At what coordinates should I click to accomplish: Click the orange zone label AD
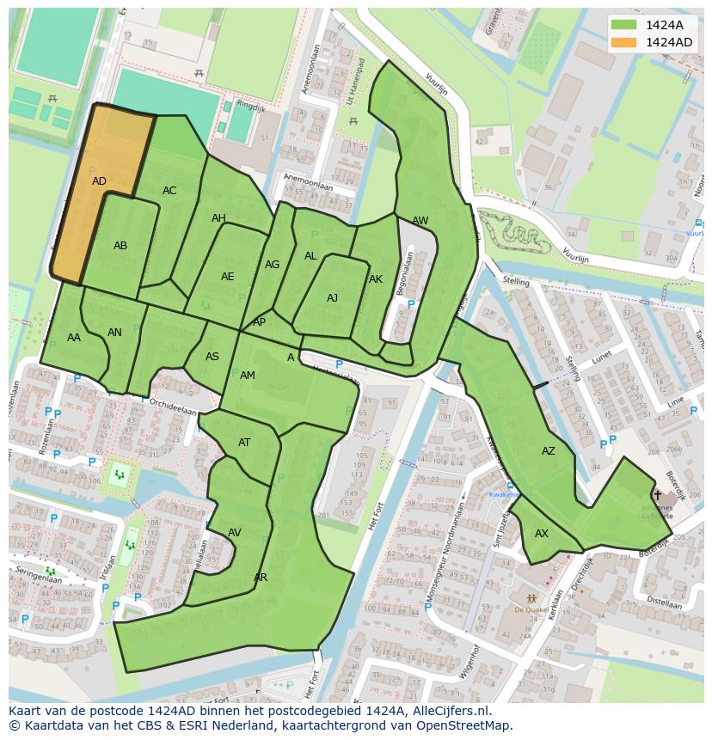[99, 181]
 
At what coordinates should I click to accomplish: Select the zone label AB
[120, 246]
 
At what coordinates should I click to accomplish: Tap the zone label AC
[169, 191]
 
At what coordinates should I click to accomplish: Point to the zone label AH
[218, 218]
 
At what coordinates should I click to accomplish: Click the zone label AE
[227, 277]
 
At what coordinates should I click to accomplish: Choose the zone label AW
[420, 221]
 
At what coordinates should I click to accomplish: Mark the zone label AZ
[548, 451]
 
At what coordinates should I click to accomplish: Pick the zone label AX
[541, 534]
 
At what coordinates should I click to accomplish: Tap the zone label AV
[234, 533]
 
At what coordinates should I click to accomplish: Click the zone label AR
[261, 578]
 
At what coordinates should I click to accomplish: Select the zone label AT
[244, 443]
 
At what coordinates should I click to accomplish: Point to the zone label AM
[248, 376]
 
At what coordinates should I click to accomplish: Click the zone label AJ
[332, 298]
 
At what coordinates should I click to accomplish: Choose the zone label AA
[74, 338]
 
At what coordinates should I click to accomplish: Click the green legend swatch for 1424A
[623, 24]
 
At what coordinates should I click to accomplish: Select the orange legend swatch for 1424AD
[623, 42]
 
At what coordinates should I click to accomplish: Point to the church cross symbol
[658, 494]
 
